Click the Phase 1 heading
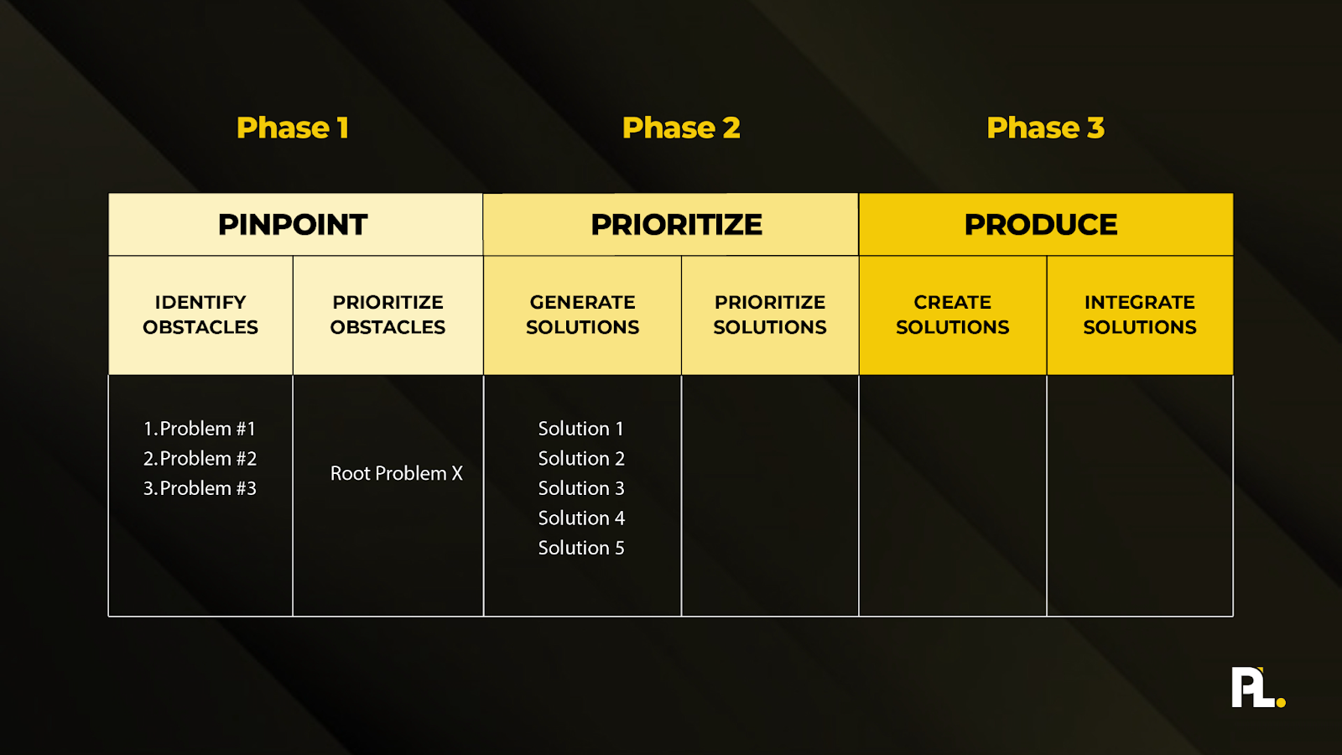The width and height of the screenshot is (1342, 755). click(292, 128)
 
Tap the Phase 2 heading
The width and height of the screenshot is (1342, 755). click(681, 128)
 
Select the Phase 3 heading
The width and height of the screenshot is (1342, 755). click(1045, 128)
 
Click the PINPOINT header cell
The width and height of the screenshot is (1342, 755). click(293, 225)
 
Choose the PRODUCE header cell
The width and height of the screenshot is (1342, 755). click(1041, 225)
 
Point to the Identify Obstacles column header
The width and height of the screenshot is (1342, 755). click(200, 315)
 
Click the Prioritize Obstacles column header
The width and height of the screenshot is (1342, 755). click(388, 315)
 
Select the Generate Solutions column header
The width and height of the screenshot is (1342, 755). click(582, 315)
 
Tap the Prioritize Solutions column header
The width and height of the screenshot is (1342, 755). click(770, 315)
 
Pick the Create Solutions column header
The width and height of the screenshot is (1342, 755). click(952, 315)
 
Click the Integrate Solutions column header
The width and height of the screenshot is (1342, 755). click(1139, 315)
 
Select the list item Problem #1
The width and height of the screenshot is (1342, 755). click(200, 429)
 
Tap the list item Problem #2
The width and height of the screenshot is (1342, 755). click(200, 459)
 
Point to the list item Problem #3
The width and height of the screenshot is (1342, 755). click(200, 488)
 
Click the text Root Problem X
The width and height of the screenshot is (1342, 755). click(396, 473)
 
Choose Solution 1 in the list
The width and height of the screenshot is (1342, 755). click(580, 429)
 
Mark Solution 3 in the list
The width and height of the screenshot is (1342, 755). click(581, 488)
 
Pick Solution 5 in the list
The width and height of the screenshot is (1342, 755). click(581, 548)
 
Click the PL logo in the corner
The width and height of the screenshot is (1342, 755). click(1253, 687)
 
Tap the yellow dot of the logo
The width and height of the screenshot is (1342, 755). click(1281, 702)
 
